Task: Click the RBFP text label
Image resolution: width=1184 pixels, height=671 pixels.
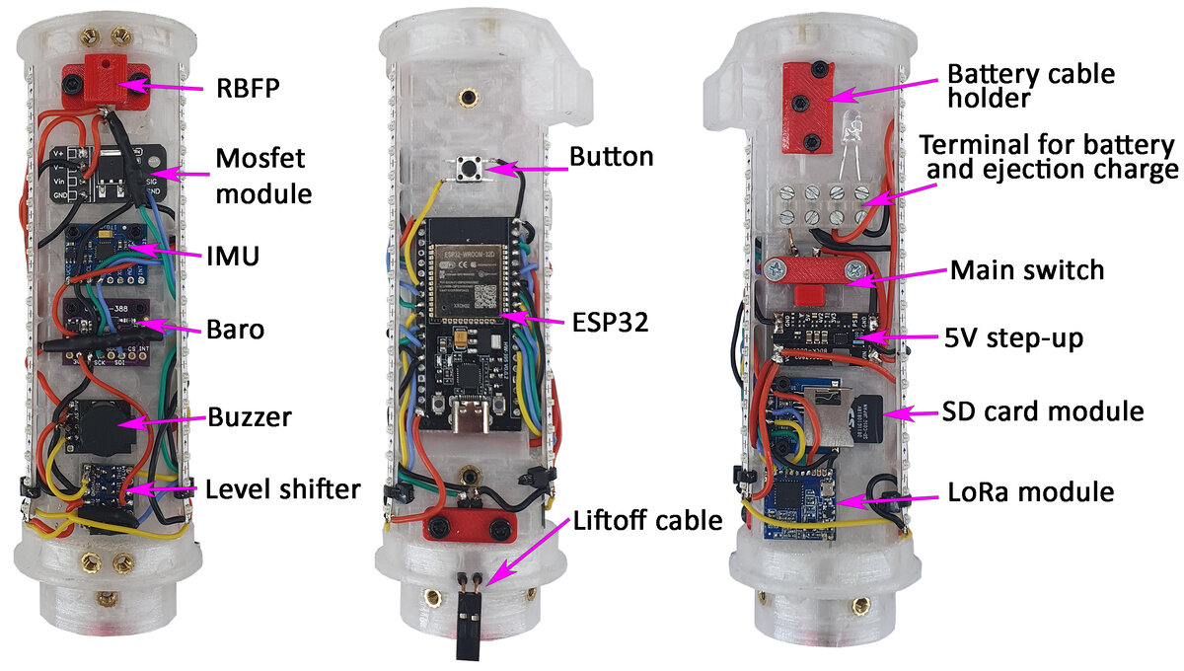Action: [248, 88]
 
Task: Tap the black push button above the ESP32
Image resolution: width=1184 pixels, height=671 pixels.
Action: [468, 169]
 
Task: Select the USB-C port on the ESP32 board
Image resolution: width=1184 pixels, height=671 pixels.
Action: [470, 414]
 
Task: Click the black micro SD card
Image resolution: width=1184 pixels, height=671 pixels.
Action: [867, 418]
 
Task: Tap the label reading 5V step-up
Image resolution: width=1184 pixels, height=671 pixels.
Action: [1014, 338]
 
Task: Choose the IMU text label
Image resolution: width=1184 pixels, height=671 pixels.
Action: [233, 256]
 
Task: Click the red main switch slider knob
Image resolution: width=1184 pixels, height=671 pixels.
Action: [808, 294]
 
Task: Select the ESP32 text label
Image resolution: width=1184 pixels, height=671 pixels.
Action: [610, 322]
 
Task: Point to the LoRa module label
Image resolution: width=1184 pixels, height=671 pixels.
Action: [1031, 491]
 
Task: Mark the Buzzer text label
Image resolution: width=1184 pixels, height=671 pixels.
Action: [250, 417]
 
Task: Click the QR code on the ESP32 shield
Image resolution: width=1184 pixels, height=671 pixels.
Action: [484, 296]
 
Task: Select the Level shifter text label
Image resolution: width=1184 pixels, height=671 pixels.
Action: [283, 489]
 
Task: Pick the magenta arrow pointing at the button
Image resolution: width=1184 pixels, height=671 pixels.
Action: [527, 169]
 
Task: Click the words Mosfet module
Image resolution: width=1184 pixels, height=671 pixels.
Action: [263, 176]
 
